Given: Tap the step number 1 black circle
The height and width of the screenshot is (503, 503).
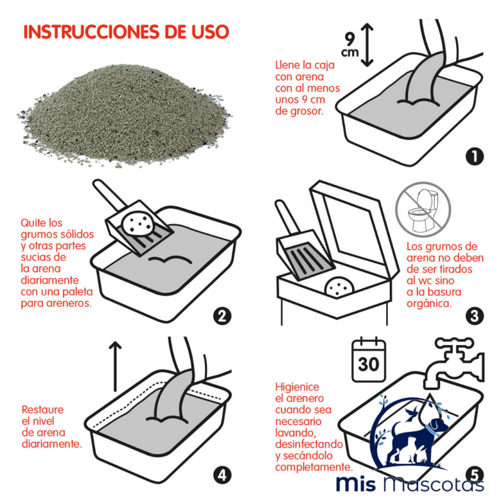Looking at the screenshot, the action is pyautogui.click(x=475, y=156).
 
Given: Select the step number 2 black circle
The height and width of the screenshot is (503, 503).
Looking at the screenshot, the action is pyautogui.click(x=223, y=316).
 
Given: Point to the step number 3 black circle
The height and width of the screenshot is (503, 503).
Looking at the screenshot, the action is pyautogui.click(x=475, y=316).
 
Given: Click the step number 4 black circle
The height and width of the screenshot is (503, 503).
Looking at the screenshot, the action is pyautogui.click(x=223, y=475).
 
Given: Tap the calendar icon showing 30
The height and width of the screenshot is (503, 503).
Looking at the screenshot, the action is pyautogui.click(x=368, y=360).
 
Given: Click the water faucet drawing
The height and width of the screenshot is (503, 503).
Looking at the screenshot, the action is pyautogui.click(x=454, y=363).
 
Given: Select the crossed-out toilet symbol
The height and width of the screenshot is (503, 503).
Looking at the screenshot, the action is pyautogui.click(x=423, y=210).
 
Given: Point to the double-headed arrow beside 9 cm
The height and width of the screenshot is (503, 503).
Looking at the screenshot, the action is pyautogui.click(x=367, y=45).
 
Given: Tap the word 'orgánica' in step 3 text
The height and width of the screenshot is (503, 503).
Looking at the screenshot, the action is pyautogui.click(x=429, y=303).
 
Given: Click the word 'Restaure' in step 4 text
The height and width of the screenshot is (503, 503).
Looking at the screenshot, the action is pyautogui.click(x=43, y=410).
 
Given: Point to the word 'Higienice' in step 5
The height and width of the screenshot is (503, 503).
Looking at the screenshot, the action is pyautogui.click(x=297, y=387).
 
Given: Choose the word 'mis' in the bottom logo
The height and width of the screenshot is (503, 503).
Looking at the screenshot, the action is pyautogui.click(x=356, y=484).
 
